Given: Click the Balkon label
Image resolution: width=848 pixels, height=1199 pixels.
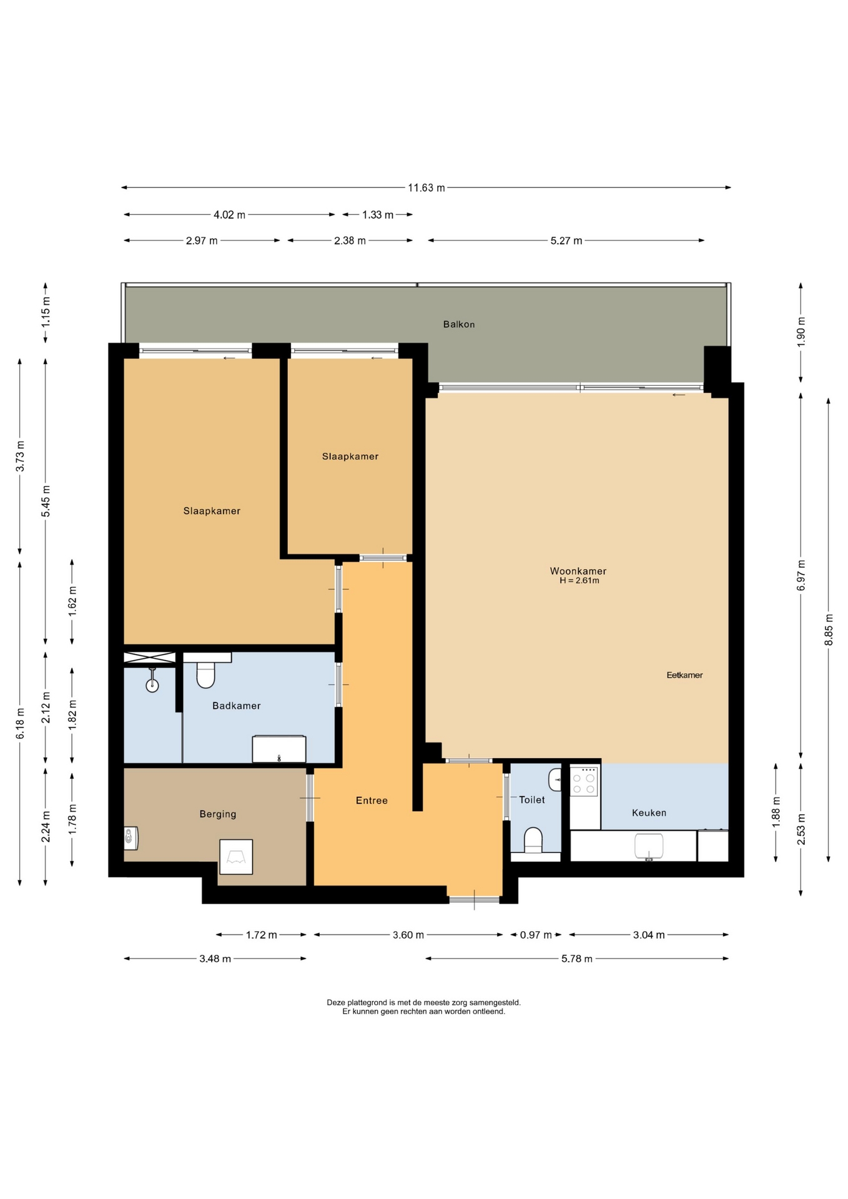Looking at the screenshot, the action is (x=459, y=324).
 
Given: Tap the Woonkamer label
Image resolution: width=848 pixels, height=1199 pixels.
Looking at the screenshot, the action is (x=578, y=571).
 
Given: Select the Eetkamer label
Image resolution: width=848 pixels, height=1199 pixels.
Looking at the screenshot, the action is (x=684, y=675).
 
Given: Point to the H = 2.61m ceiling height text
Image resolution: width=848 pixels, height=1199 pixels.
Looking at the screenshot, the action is (x=579, y=581).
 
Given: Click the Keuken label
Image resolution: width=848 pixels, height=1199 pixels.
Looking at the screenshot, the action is (x=649, y=812).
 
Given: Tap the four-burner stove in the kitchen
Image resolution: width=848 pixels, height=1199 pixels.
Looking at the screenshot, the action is (x=584, y=781).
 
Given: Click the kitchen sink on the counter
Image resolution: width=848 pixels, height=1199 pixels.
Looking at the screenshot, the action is (x=649, y=847).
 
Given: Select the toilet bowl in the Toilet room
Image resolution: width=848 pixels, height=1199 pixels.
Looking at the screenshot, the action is (x=533, y=840).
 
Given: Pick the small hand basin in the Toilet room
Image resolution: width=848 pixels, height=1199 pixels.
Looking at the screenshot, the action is (x=555, y=780).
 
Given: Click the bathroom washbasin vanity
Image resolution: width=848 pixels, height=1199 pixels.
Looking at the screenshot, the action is (x=279, y=749).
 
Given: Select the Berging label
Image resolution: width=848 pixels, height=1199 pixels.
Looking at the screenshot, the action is (x=218, y=814).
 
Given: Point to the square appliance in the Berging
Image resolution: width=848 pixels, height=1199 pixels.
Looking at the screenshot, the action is (x=236, y=857).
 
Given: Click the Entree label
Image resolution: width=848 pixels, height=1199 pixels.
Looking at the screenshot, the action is (x=372, y=801).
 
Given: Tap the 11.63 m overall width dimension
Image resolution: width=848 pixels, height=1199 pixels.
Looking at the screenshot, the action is (x=426, y=187).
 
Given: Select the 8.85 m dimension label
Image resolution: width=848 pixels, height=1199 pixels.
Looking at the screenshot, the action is (x=829, y=629).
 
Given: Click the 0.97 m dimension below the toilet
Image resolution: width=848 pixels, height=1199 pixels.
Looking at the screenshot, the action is (x=536, y=935).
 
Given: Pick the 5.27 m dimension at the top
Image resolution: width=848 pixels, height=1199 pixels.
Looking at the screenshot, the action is (x=566, y=240).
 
